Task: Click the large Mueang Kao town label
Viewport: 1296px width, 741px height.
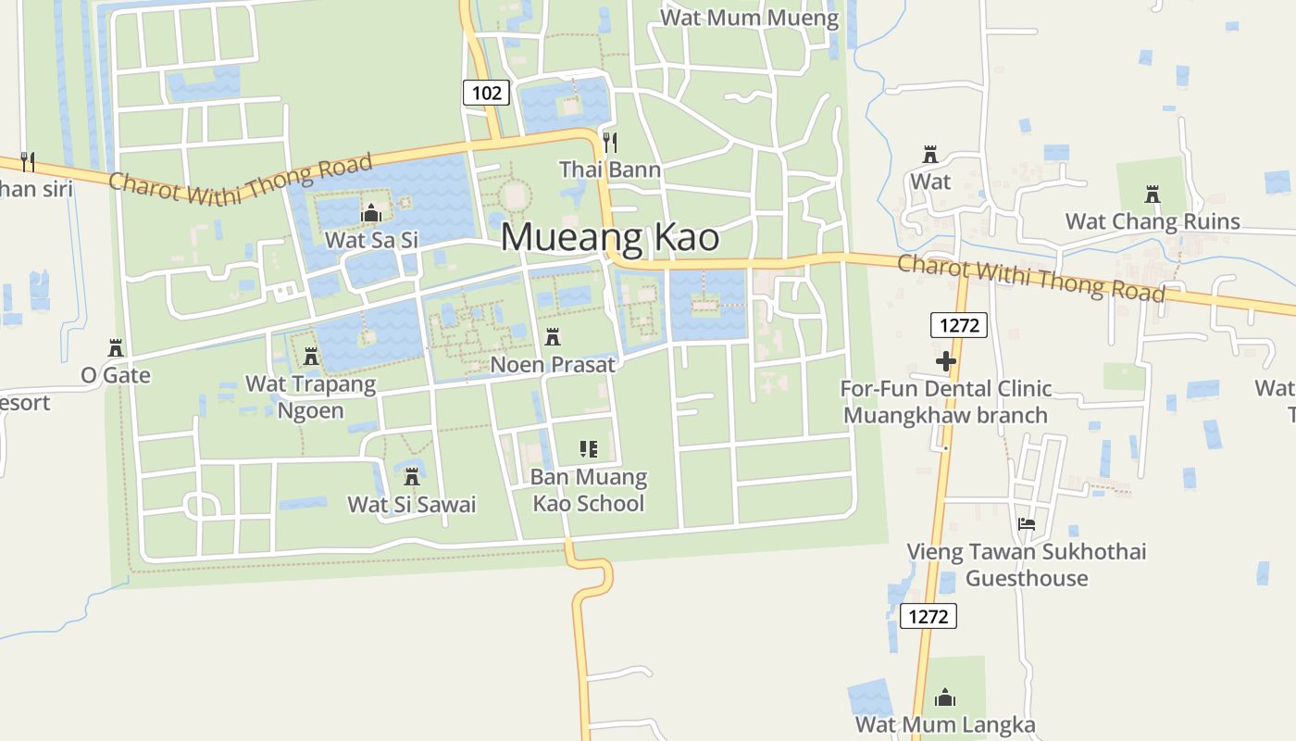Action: point(610,238)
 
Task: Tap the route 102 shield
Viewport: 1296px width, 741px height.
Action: point(486,92)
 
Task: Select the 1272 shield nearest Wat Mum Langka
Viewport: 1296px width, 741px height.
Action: point(928,616)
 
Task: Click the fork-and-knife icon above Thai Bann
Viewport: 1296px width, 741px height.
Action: point(609,142)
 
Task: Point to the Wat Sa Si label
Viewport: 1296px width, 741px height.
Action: point(371,240)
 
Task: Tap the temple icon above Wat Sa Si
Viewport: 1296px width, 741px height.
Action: point(371,214)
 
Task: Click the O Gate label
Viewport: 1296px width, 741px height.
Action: point(116,375)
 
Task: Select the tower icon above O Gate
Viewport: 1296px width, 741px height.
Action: point(116,349)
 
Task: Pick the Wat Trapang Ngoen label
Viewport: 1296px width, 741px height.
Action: point(311,396)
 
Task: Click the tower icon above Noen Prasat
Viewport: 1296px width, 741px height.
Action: point(553,337)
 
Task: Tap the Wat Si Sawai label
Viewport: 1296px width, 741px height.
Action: point(412,504)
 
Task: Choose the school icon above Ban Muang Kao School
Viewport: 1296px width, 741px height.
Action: point(588,450)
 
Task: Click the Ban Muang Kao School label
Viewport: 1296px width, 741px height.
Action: point(588,491)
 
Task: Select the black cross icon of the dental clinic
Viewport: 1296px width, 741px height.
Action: point(945,361)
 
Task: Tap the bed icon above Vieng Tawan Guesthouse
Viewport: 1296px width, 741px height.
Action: point(1026,524)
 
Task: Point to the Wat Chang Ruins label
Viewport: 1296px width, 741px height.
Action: point(1153,221)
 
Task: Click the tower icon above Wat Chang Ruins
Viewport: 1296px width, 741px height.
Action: point(1153,195)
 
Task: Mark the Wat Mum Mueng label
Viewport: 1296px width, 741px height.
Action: point(750,18)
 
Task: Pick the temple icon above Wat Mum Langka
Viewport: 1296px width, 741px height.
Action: point(945,697)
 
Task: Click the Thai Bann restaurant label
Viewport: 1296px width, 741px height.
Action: point(610,169)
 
